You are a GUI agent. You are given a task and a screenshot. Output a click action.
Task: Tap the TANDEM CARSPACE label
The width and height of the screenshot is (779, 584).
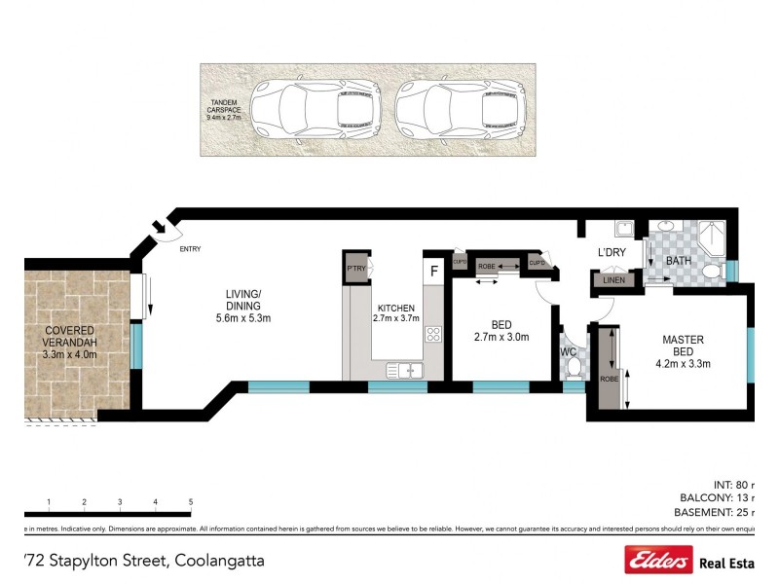click(x=224, y=109)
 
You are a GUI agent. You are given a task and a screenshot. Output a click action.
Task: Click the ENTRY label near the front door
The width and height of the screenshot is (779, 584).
click(x=190, y=249)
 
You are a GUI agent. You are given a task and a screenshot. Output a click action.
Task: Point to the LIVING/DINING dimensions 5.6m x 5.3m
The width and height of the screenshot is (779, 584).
click(x=243, y=318)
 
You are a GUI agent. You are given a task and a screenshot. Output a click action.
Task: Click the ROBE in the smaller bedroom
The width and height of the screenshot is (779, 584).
click(x=487, y=264)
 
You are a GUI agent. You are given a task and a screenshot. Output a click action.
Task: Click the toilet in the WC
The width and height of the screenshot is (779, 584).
click(x=574, y=367)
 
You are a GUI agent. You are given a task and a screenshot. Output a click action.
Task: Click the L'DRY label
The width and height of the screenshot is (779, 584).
click(x=612, y=253)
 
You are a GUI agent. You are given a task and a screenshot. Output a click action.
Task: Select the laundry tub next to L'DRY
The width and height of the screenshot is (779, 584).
click(x=623, y=230)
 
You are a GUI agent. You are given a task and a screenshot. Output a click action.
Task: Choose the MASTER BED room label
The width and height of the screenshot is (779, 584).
click(x=684, y=346)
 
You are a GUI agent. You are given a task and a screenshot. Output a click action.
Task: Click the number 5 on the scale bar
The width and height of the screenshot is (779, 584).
click(x=191, y=502)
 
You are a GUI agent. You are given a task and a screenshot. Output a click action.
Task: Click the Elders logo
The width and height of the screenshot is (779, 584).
click(x=658, y=560)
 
